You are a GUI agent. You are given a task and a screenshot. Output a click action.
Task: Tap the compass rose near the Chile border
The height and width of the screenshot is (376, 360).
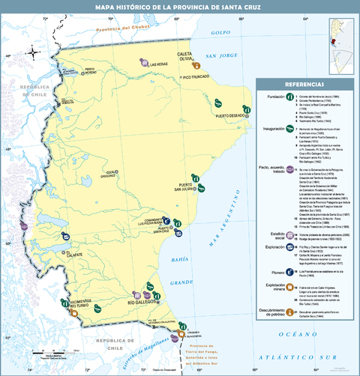pyautogui.click(x=34, y=52)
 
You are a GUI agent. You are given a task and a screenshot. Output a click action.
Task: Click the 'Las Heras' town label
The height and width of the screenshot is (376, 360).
pyautogui.click(x=158, y=64)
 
